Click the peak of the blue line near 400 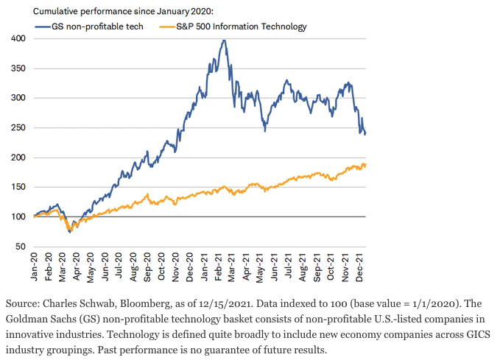(x=223, y=40)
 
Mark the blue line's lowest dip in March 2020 (x=70, y=232)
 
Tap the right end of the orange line (x=366, y=165)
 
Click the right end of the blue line (x=366, y=133)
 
